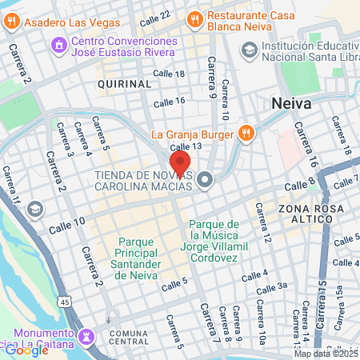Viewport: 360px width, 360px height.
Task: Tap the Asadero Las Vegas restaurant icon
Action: pyautogui.click(x=10, y=22)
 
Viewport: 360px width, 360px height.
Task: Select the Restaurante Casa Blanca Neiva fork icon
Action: pyautogui.click(x=194, y=18)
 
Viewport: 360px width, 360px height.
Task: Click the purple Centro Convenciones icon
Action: pyautogui.click(x=57, y=45)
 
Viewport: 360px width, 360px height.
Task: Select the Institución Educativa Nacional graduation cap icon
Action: pyautogui.click(x=250, y=51)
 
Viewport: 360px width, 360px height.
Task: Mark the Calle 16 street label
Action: pyautogui.click(x=169, y=102)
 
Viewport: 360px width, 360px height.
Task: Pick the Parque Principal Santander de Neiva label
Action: pyautogui.click(x=138, y=258)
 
